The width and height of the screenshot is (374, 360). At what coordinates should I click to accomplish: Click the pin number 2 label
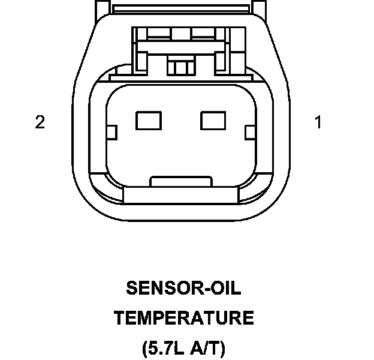tap(40, 122)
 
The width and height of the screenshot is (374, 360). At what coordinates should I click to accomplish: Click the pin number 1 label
tap(318, 122)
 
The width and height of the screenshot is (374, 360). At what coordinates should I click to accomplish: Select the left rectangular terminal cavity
tap(149, 121)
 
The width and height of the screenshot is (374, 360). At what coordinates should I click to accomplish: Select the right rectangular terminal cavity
tap(212, 121)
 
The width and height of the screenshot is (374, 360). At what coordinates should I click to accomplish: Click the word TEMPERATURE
tap(184, 318)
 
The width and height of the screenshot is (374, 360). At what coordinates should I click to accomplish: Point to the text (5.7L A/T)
tap(184, 347)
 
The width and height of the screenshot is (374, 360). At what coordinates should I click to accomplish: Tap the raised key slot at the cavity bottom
tap(180, 181)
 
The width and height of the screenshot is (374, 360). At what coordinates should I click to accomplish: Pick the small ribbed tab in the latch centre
tap(177, 65)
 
